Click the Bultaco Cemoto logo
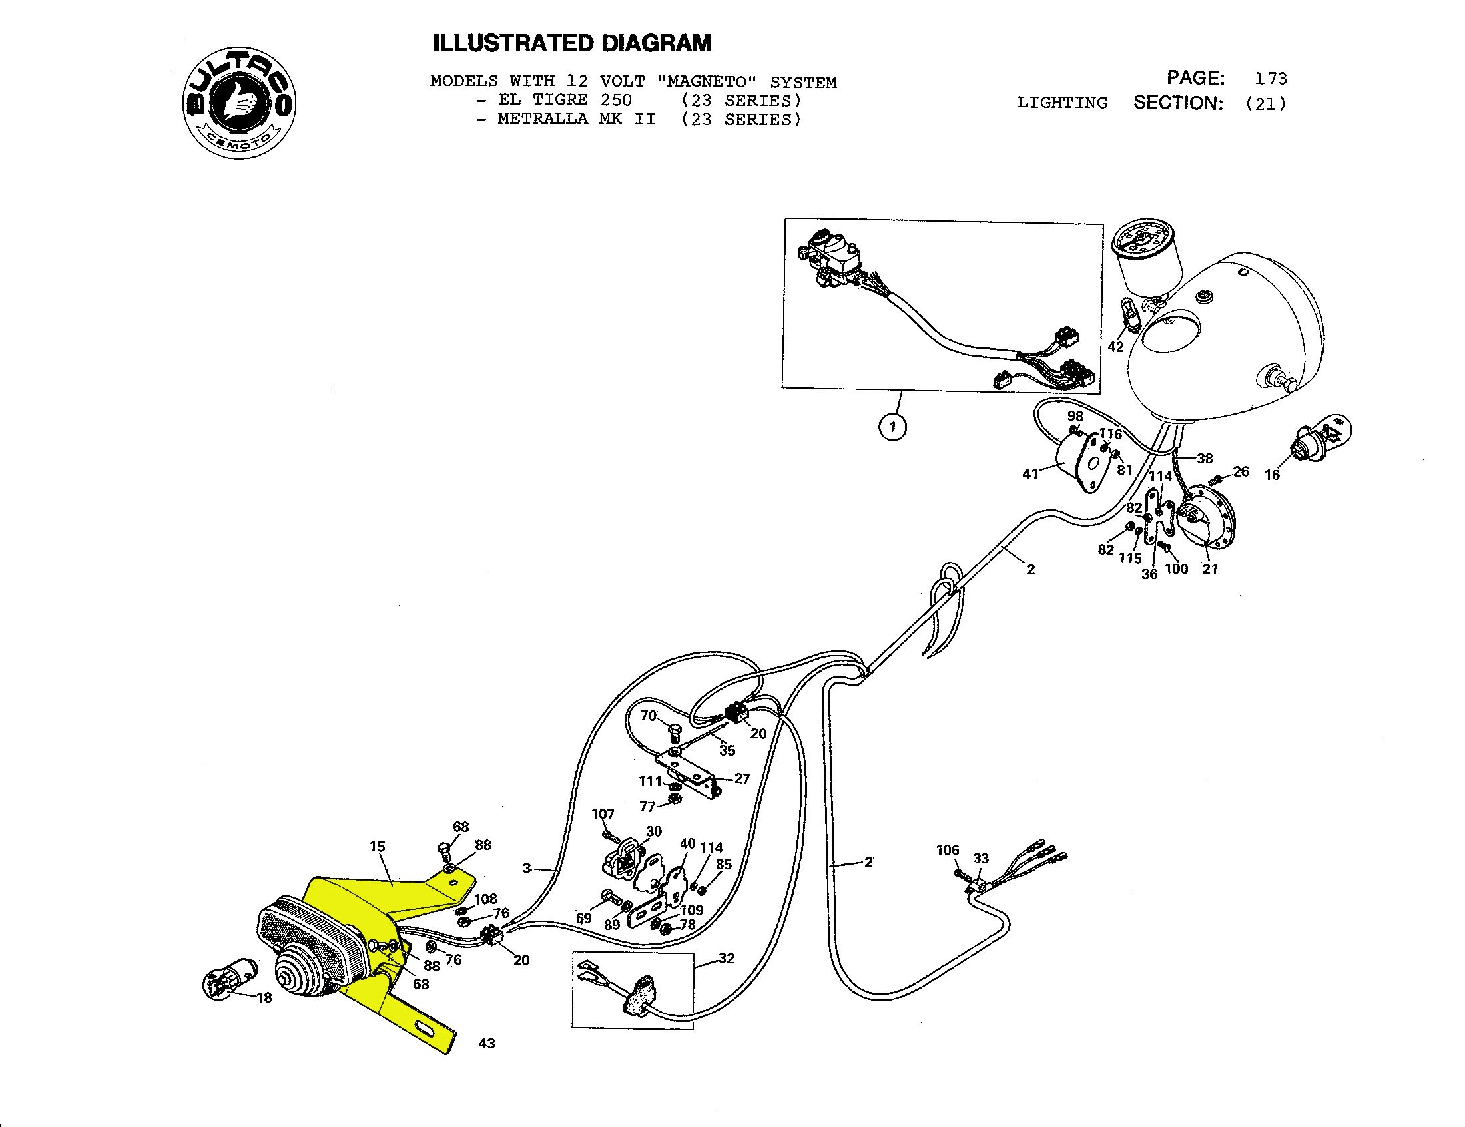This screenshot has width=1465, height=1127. coord(240,103)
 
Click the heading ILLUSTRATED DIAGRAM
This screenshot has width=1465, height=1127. coord(572,43)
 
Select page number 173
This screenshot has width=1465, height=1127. coord(1271,79)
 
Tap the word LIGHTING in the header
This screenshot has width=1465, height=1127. coord(1062,103)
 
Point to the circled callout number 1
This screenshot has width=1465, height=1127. coord(892,427)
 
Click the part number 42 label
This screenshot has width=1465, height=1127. coord(1115,347)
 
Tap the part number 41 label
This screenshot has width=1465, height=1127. coord(1030,473)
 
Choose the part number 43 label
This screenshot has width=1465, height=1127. coord(487,1043)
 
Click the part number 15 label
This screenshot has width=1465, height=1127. coord(378,846)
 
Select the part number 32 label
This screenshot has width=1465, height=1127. coord(727,958)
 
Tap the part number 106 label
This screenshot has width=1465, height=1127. coord(948,850)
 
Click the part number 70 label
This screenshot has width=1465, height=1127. coord(648,716)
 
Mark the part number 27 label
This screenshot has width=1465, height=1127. coord(742,778)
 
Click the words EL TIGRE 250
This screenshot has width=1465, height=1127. coord(565,101)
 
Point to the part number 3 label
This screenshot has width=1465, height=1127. coord(527,868)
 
